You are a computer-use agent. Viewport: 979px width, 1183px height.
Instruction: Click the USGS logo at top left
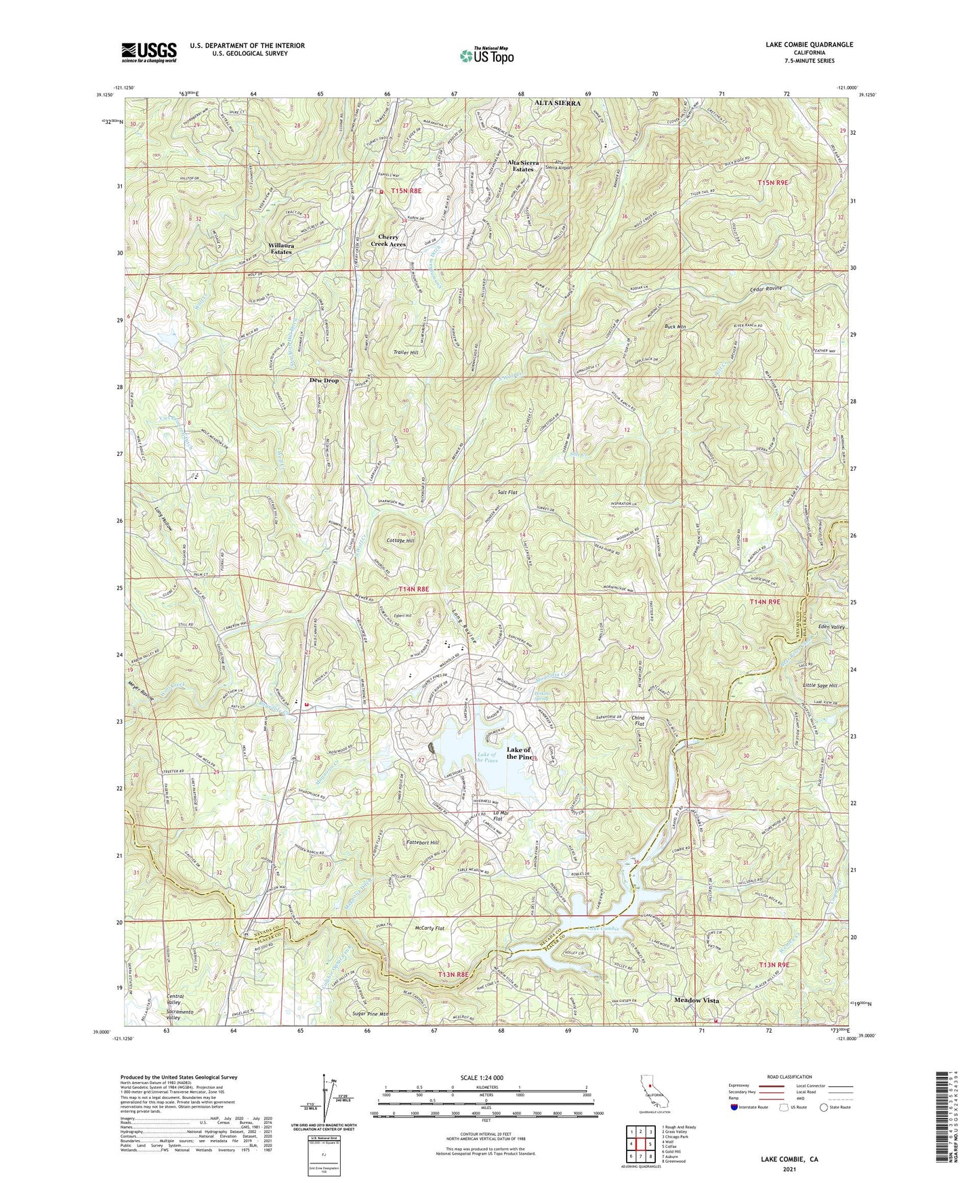[148, 51]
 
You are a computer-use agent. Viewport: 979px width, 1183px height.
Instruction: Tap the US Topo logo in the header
[485, 56]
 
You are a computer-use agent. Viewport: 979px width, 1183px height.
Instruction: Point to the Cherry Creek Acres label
[388, 241]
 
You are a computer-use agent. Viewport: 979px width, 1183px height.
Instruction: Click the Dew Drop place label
[324, 381]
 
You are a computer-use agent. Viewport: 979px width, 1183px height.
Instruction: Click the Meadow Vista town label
[696, 1000]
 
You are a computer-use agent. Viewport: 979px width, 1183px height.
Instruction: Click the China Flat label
[638, 721]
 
